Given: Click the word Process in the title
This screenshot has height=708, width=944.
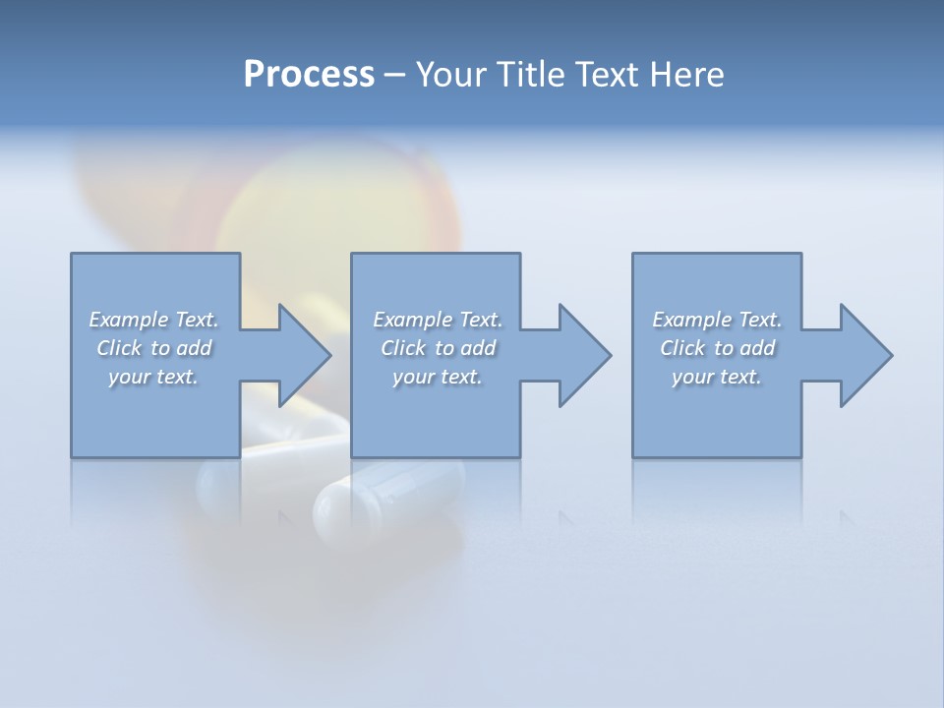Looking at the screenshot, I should pyautogui.click(x=309, y=75).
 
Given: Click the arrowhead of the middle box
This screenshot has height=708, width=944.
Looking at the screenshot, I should pyautogui.click(x=583, y=355).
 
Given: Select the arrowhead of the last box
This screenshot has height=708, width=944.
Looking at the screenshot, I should pyautogui.click(x=864, y=355).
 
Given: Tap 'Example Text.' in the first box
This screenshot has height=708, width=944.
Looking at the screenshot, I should pyautogui.click(x=153, y=320).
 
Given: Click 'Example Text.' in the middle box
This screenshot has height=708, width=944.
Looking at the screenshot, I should pyautogui.click(x=438, y=320).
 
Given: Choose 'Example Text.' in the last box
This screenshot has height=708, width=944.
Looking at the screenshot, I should pyautogui.click(x=717, y=320).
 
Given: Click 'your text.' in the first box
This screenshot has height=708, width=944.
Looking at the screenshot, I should pyautogui.click(x=153, y=377).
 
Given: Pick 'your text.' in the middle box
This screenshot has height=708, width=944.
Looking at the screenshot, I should pyautogui.click(x=438, y=377).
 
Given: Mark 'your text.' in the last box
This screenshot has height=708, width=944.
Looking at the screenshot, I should pyautogui.click(x=717, y=377).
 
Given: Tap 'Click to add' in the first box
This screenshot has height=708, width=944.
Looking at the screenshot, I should pyautogui.click(x=153, y=348).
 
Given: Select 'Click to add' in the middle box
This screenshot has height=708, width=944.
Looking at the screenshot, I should pyautogui.click(x=438, y=348).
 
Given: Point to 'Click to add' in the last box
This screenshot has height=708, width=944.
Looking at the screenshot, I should pyautogui.click(x=717, y=348).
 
